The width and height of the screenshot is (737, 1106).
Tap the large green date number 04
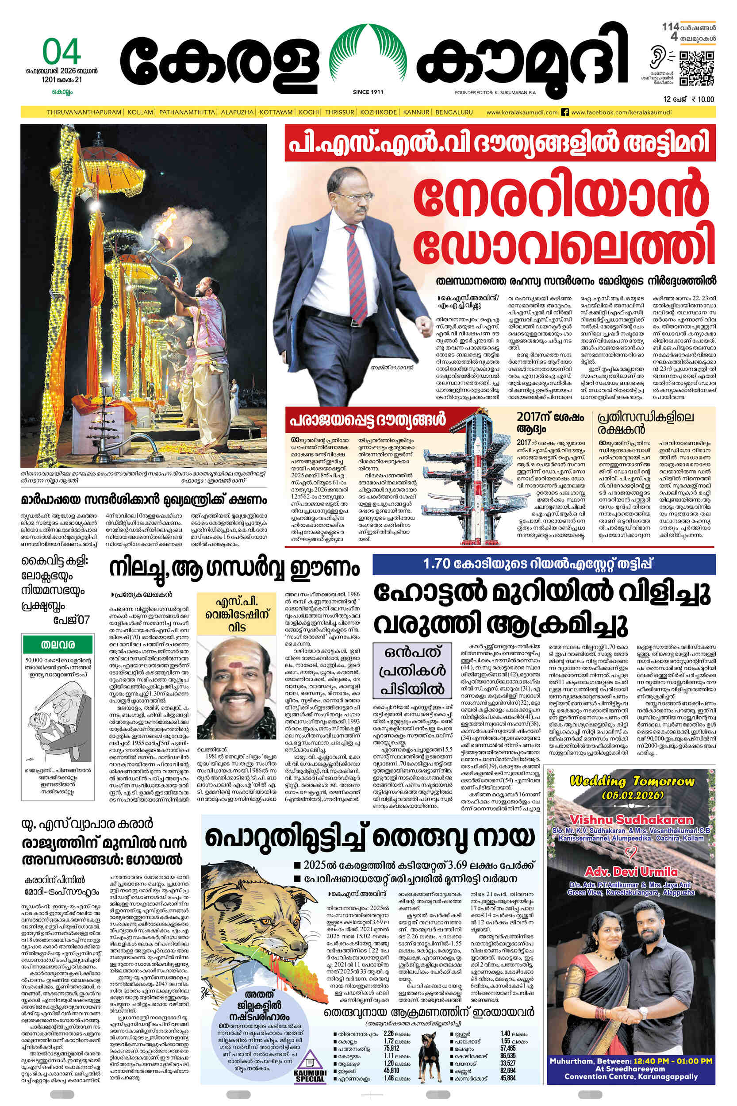61,52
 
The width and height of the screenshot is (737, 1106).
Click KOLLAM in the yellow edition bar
141,112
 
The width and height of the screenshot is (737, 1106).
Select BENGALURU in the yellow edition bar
453,112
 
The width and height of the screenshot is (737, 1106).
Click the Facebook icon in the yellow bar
565,112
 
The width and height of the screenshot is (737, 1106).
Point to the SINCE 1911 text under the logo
368,92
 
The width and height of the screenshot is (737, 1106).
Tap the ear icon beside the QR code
656,58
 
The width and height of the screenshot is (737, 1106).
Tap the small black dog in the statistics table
430,1048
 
